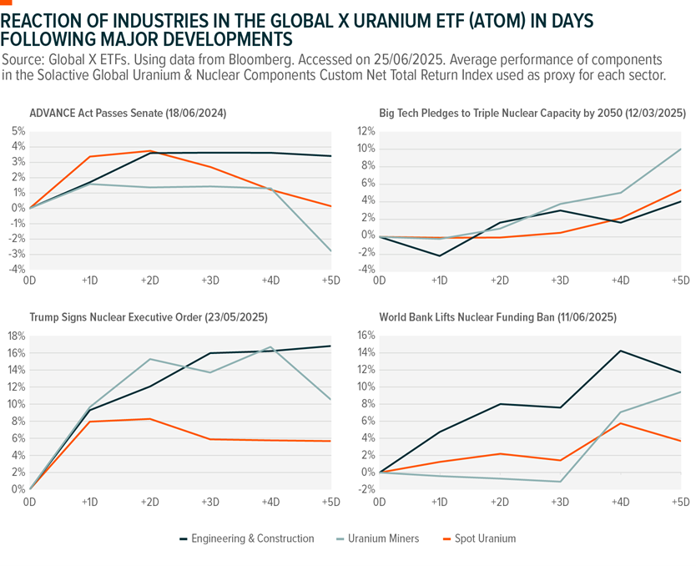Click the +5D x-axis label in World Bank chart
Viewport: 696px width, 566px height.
coord(680,502)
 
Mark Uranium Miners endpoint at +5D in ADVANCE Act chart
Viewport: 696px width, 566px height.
coord(331,251)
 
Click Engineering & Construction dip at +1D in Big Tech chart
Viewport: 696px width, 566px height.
coord(439,255)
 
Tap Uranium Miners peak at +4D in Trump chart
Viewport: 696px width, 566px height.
coord(270,347)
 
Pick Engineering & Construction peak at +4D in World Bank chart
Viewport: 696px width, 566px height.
coord(620,351)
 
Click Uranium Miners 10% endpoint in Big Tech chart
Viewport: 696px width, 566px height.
coord(681,149)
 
